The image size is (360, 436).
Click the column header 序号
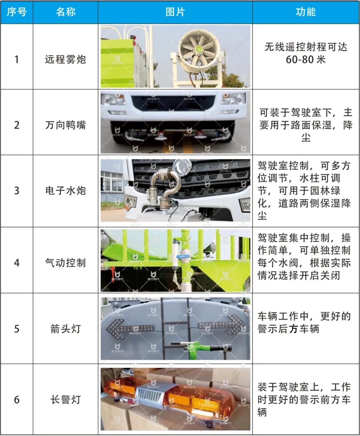click(x=17, y=12)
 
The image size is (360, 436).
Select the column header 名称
click(x=66, y=12)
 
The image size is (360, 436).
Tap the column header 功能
click(x=306, y=12)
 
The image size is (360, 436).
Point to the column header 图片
click(x=175, y=12)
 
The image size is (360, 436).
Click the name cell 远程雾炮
click(x=66, y=60)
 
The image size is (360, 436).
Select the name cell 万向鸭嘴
click(x=66, y=125)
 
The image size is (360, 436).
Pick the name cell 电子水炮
click(x=66, y=191)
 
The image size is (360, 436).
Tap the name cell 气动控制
click(x=66, y=263)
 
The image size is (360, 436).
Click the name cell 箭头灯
click(x=66, y=329)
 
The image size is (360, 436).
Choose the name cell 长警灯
click(x=66, y=399)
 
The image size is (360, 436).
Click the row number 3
click(x=17, y=191)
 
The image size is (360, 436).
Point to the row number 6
click(x=17, y=400)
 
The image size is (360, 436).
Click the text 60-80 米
click(x=306, y=60)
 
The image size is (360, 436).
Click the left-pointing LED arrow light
click(x=130, y=328)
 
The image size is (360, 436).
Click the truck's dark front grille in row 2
click(x=173, y=103)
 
